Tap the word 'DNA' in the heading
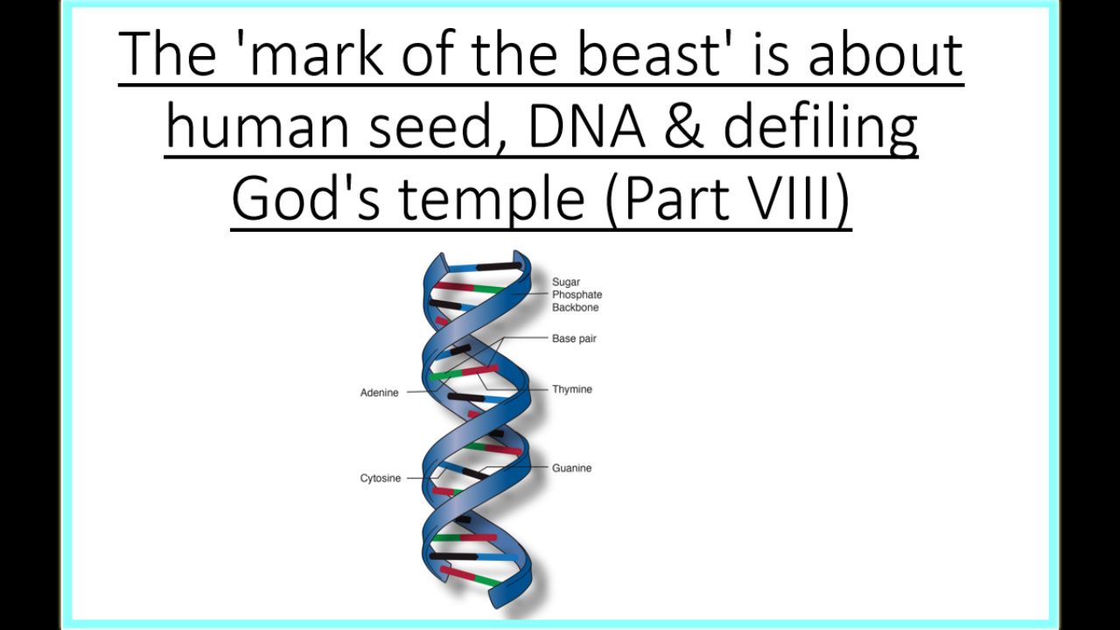(x=586, y=125)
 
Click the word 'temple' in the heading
(x=492, y=199)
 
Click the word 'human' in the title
(x=257, y=125)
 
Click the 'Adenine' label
(x=380, y=393)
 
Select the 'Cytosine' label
(x=381, y=478)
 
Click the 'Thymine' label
(x=572, y=389)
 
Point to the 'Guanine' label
(x=572, y=468)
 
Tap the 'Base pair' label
(x=574, y=339)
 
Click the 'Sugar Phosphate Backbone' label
(x=577, y=295)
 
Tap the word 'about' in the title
(x=885, y=53)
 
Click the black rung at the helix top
(x=499, y=267)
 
